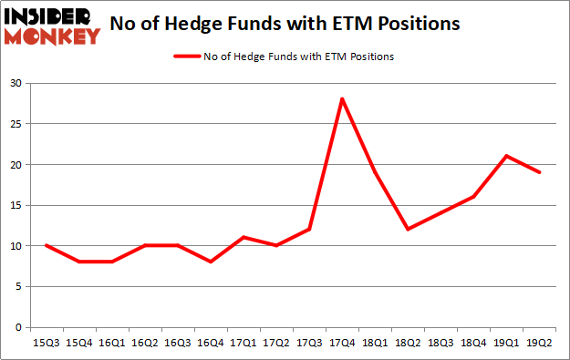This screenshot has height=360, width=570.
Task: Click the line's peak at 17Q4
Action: point(341,98)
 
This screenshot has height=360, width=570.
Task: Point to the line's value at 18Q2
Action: point(407,229)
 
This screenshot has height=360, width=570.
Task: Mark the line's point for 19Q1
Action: point(506,156)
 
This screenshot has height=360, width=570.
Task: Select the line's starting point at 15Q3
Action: point(47,245)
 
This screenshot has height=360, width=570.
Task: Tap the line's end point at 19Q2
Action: point(539,172)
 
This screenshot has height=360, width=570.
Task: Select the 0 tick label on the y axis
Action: point(18,327)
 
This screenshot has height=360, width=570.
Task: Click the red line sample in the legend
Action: point(186,57)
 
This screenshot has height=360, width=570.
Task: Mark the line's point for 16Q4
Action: point(212,262)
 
